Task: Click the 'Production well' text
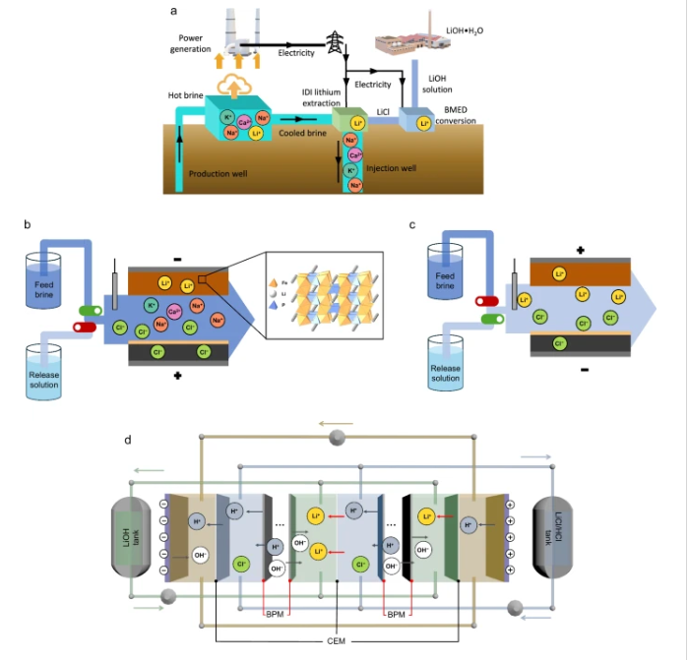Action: click(x=218, y=173)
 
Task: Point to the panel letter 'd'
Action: click(x=128, y=439)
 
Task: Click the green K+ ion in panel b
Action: click(x=152, y=306)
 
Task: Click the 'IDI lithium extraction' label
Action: click(x=322, y=97)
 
